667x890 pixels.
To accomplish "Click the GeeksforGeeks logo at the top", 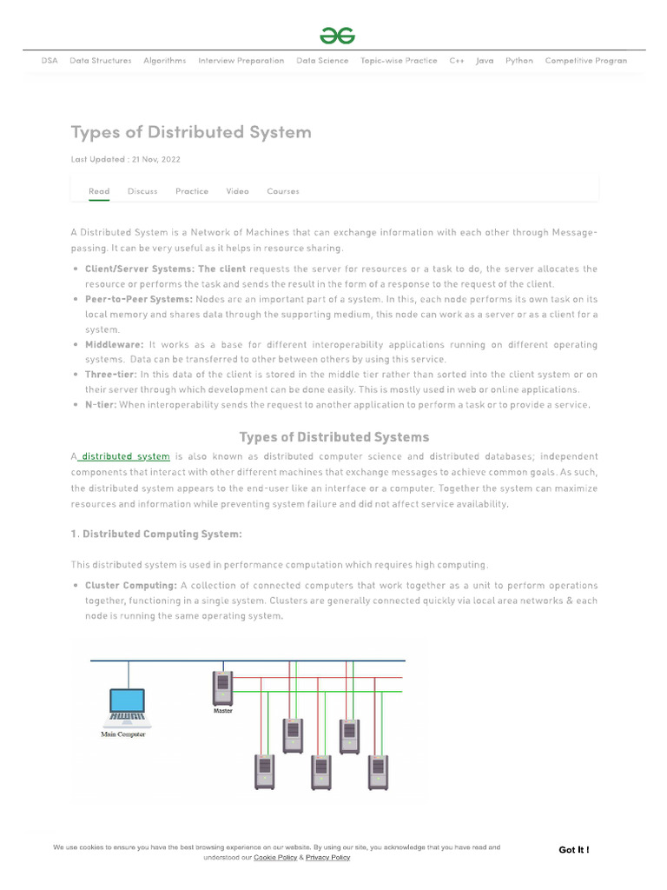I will pyautogui.click(x=337, y=36).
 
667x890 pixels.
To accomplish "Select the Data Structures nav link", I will pyautogui.click(x=101, y=61).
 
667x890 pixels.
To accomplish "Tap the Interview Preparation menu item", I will pyautogui.click(x=241, y=61).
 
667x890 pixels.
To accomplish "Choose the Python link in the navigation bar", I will pyautogui.click(x=519, y=61).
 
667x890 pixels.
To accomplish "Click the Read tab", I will pyautogui.click(x=99, y=191).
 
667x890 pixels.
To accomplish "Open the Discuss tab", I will pyautogui.click(x=142, y=191).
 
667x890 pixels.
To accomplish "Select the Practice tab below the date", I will pyautogui.click(x=192, y=191).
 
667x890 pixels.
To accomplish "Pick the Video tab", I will pyautogui.click(x=237, y=191).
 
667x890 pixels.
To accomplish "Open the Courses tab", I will pyautogui.click(x=283, y=191).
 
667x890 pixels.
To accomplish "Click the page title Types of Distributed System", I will pyautogui.click(x=190, y=132).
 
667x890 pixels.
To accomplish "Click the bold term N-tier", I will pyautogui.click(x=100, y=405).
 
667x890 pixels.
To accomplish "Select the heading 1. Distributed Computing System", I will pyautogui.click(x=156, y=534).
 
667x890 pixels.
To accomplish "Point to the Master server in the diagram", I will pyautogui.click(x=223, y=687).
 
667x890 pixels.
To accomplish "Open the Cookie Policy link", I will pyautogui.click(x=275, y=858).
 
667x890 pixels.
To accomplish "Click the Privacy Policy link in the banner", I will pyautogui.click(x=327, y=858).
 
